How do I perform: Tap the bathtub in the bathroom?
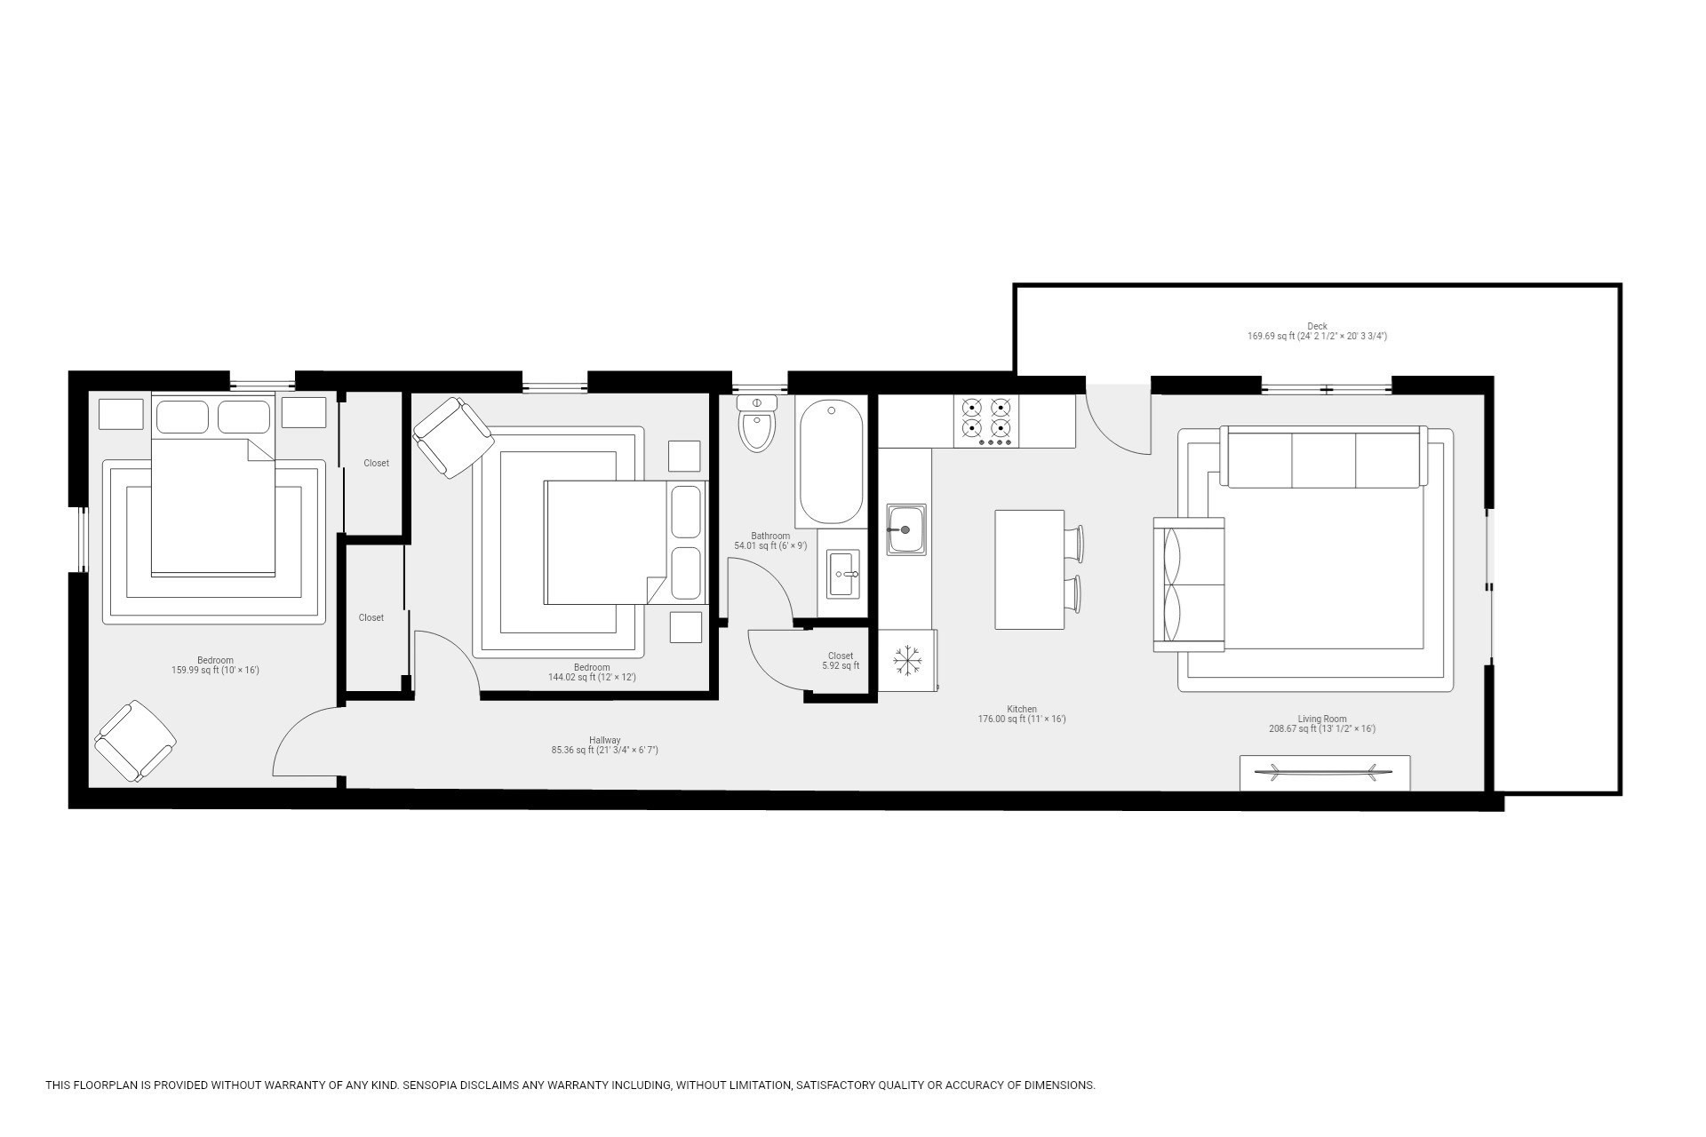831,461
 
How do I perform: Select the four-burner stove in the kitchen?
986,421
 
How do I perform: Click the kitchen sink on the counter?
905,529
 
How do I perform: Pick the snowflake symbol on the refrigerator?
907,661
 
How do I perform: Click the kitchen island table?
1029,569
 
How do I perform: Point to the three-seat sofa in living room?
1322,457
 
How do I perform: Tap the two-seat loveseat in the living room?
1188,584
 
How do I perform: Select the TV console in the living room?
1324,773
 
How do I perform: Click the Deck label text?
1317,327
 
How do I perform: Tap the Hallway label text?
604,740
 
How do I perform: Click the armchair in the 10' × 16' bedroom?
135,742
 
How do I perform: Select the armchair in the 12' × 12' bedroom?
452,437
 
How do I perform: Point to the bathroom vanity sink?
843,574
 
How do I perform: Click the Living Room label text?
1321,719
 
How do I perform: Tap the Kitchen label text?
1022,710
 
